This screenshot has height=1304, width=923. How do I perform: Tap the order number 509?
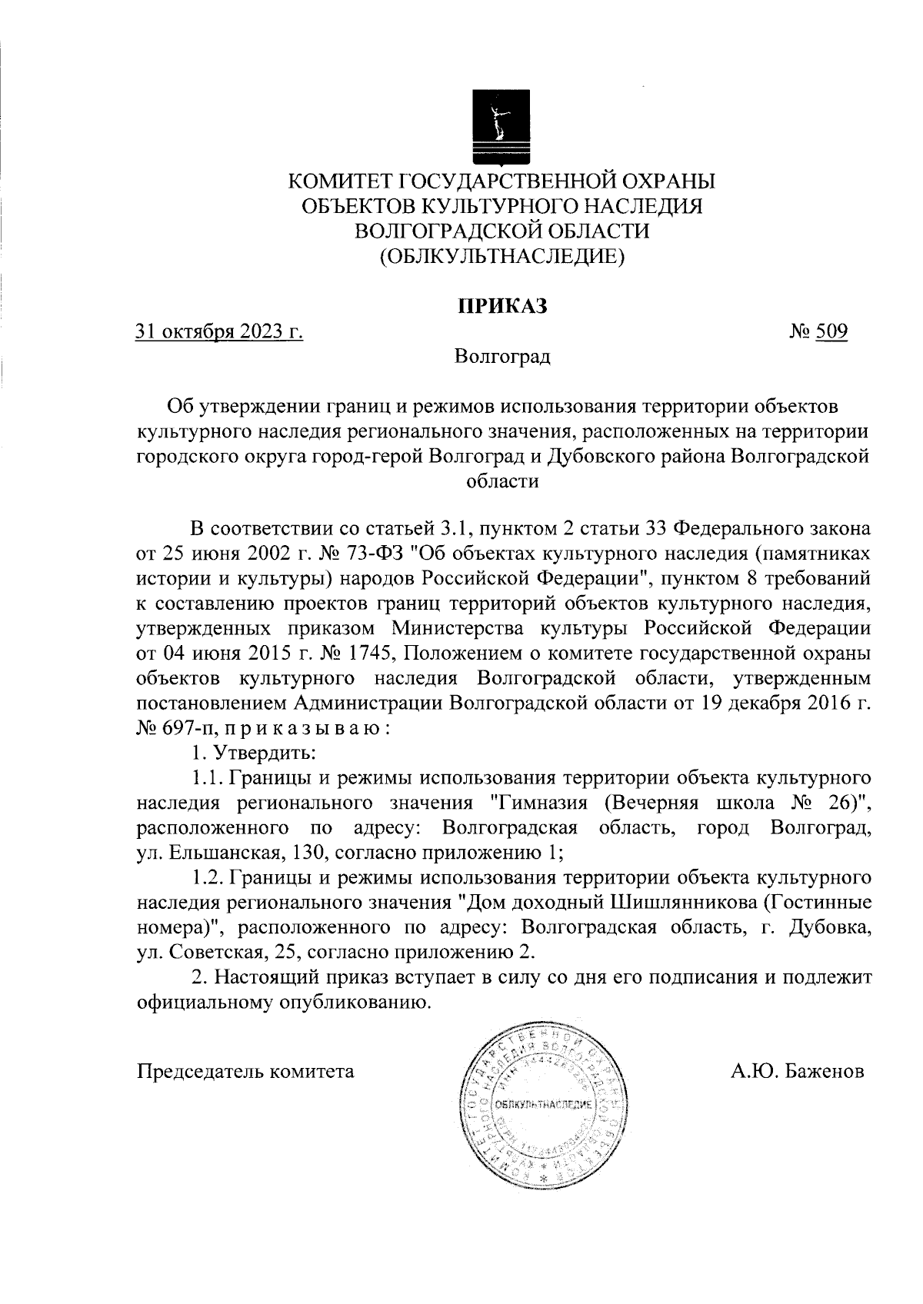pos(831,332)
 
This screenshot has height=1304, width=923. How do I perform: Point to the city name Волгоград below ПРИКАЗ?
pos(502,358)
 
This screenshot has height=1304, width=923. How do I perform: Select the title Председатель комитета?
pos(245,1071)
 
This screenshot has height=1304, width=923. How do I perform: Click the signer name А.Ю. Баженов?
pos(798,1071)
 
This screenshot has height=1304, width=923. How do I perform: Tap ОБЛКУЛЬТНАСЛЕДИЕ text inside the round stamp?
pos(543,1105)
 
